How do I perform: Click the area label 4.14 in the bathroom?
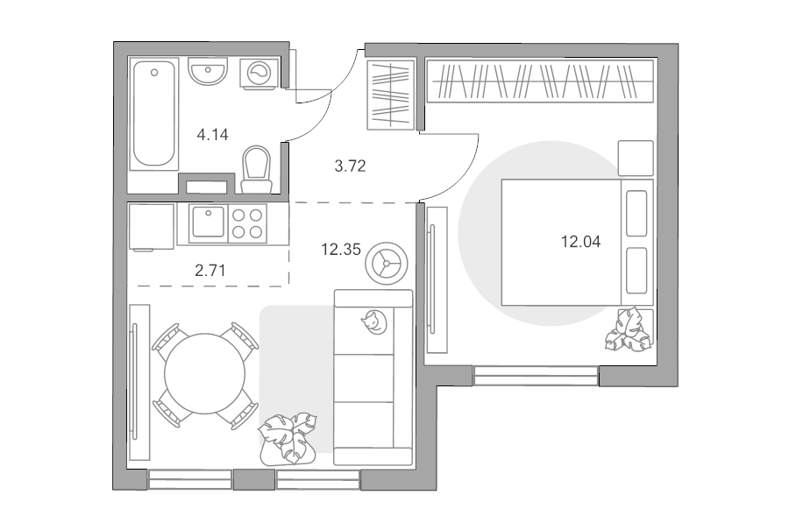[x=212, y=135]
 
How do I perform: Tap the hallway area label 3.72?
[x=350, y=166]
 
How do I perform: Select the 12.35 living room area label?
[x=341, y=249]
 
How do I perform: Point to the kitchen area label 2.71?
[x=210, y=271]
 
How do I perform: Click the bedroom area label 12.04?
[x=580, y=242]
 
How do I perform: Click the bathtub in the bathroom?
[x=154, y=114]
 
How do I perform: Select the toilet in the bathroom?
[x=257, y=169]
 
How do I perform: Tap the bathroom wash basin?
[x=208, y=71]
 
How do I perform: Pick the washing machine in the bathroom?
[x=259, y=74]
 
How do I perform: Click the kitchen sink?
[x=208, y=223]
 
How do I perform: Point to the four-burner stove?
[x=247, y=223]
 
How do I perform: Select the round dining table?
[x=205, y=374]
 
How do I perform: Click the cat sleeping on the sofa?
[x=373, y=322]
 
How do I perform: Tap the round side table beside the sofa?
[x=387, y=264]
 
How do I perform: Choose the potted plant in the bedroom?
[x=629, y=329]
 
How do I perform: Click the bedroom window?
[x=536, y=376]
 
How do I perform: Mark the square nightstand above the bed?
[x=636, y=158]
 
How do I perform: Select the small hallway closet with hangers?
[x=391, y=95]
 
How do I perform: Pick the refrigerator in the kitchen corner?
[x=152, y=226]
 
